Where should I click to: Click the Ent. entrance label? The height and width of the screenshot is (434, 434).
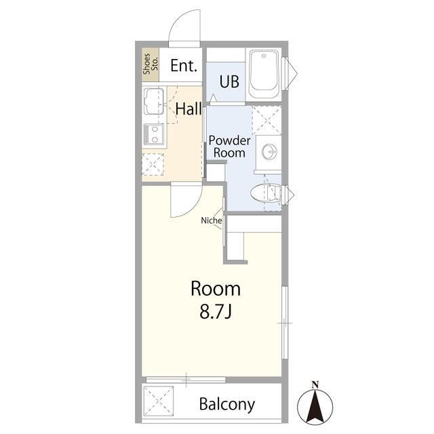[x=184, y=66]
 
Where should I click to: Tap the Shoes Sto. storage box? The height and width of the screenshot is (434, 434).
[x=151, y=64]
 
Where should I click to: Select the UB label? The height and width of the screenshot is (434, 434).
[x=229, y=81]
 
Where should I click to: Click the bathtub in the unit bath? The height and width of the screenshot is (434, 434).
[x=264, y=74]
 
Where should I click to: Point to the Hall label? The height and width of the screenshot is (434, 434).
[x=189, y=109]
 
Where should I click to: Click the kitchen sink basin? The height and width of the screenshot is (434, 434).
[x=154, y=101]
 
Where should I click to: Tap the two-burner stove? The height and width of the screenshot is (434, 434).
[x=154, y=134]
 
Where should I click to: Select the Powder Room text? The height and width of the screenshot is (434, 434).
[x=229, y=146]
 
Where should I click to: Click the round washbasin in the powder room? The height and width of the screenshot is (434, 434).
[x=269, y=151]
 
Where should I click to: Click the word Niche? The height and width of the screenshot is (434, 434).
[x=212, y=220]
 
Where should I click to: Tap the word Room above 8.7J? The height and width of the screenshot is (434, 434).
[x=216, y=289]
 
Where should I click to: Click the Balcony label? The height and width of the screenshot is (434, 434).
[x=227, y=404]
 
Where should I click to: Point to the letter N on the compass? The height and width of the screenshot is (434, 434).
[x=315, y=384]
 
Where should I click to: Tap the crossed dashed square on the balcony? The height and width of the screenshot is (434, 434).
[x=158, y=401]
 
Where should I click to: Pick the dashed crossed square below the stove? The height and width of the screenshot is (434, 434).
[x=153, y=164]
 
